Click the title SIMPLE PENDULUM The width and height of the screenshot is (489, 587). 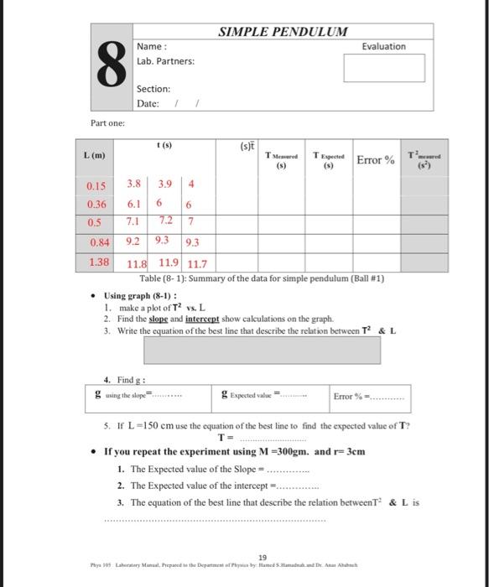point(283,32)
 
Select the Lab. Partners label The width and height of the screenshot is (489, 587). point(165,61)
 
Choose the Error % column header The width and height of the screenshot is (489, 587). point(377,160)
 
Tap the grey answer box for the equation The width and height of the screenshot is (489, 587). point(281,348)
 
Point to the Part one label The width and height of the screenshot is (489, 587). point(107,123)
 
